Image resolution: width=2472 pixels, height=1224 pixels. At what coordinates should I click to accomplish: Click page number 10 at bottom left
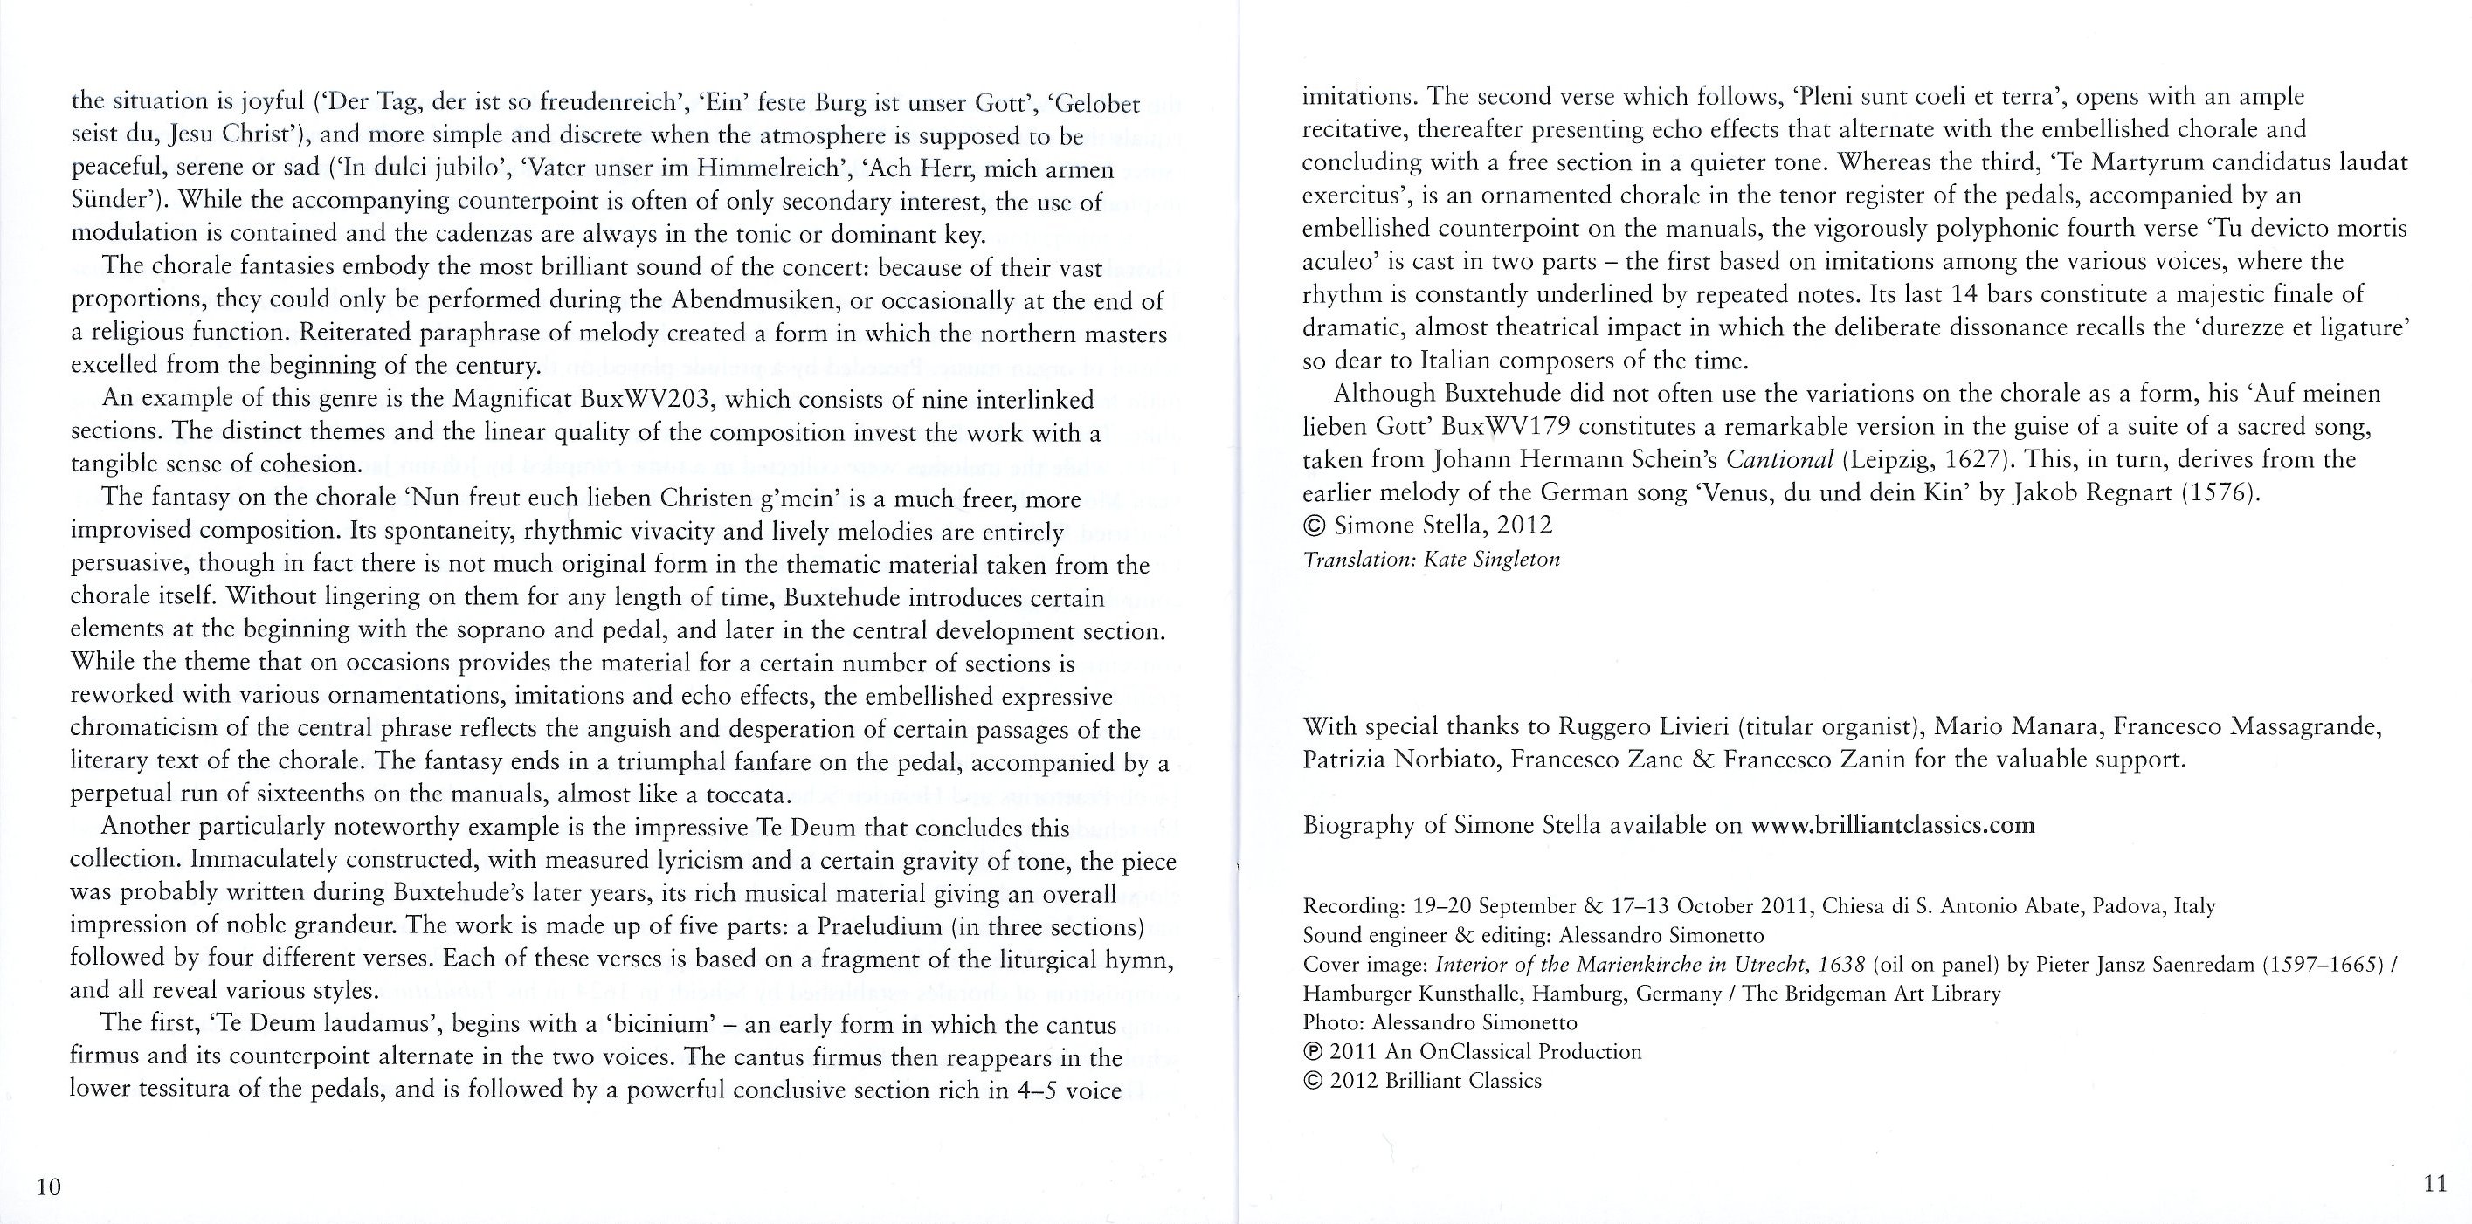tap(48, 1186)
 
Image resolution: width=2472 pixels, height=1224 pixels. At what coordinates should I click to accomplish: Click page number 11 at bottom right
tap(2434, 1183)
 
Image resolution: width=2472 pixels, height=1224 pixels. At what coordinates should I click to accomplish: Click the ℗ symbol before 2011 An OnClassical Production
tap(1312, 1052)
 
